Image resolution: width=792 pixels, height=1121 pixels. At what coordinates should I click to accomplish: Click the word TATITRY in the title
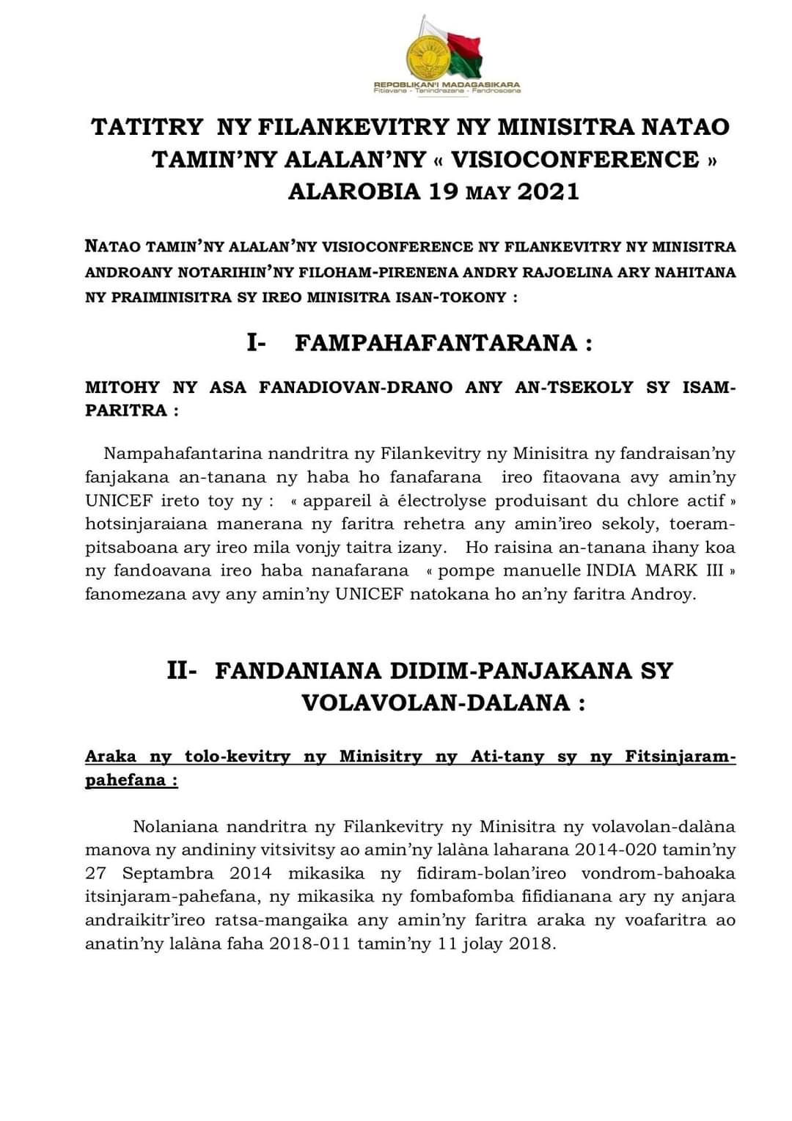coord(147,127)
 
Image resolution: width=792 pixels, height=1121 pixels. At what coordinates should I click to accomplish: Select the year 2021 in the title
coord(549,191)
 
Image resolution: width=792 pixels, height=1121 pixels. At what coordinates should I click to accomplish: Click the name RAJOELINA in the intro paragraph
coord(584,272)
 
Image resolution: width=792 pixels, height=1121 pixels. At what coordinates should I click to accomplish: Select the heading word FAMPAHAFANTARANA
coord(436,343)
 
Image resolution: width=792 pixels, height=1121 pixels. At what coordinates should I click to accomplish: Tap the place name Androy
coord(664,594)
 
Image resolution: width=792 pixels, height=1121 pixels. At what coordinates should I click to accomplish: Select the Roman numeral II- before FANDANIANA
coord(182,670)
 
